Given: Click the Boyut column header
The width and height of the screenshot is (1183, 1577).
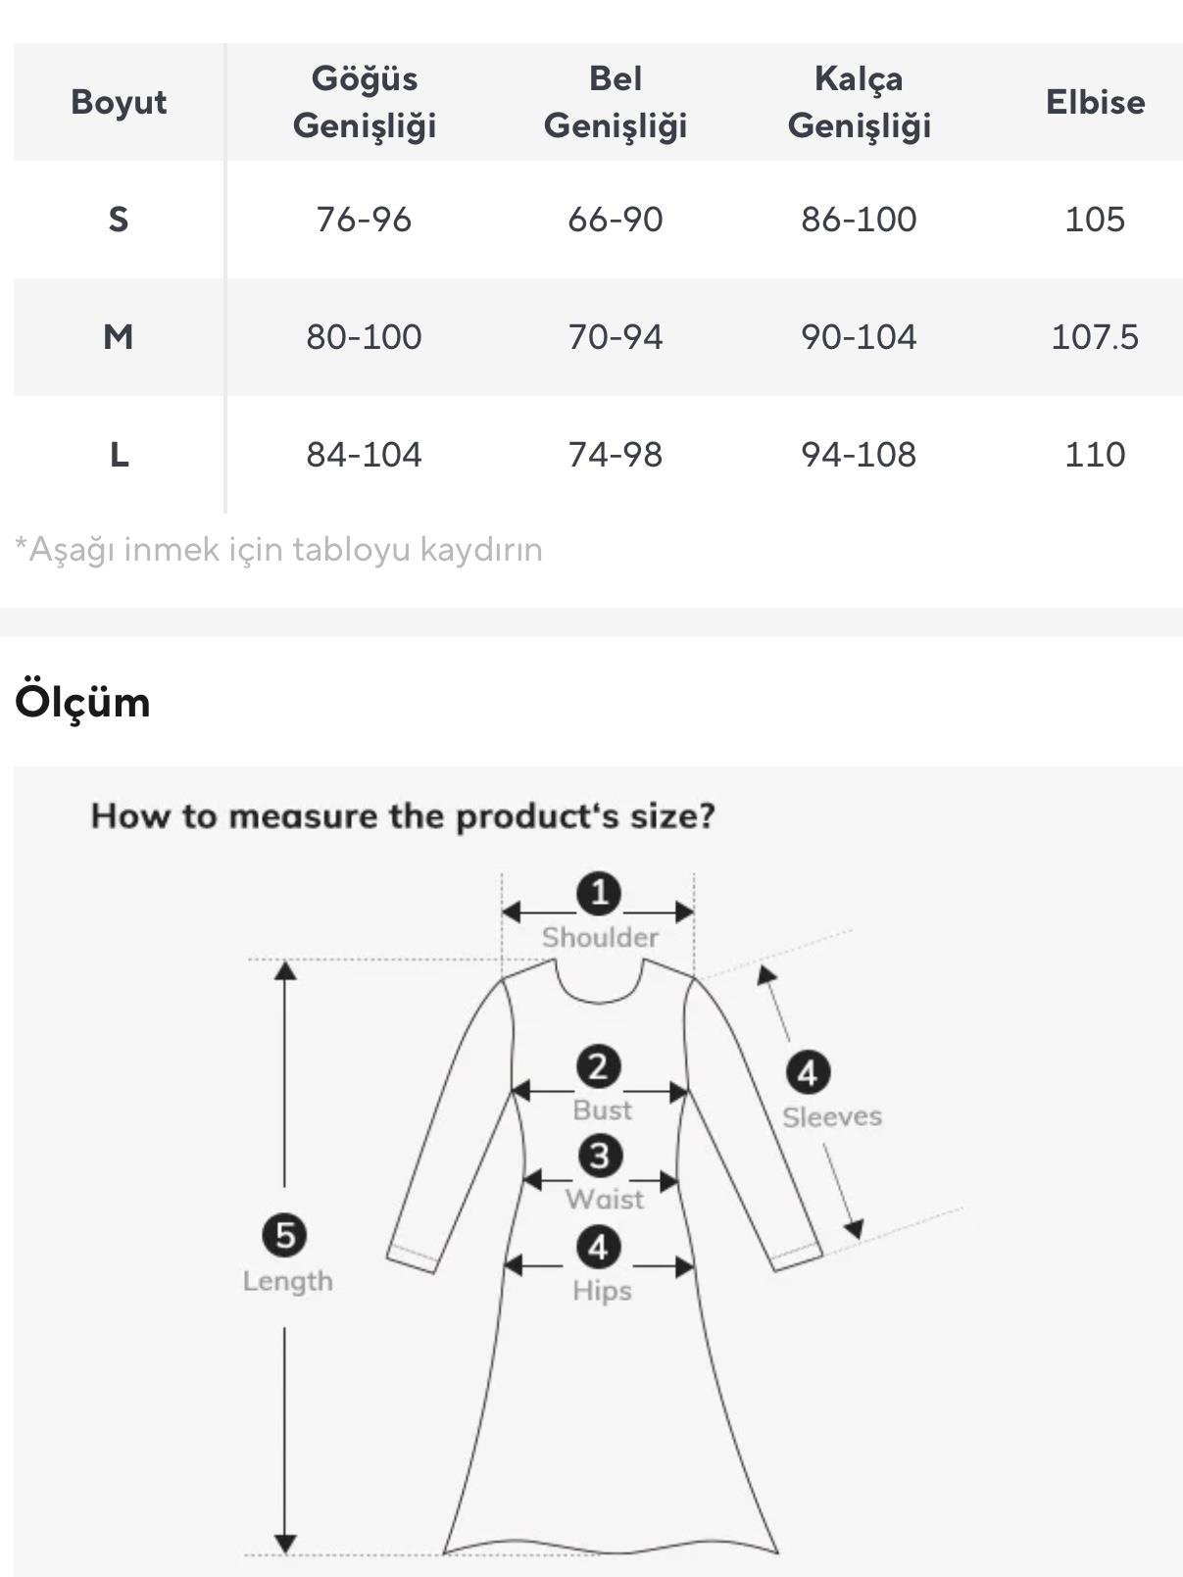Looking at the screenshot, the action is click(x=119, y=102).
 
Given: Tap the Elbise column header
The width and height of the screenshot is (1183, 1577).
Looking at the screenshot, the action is click(x=1095, y=102).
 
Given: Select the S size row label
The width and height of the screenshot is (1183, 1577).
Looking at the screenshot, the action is click(x=119, y=220).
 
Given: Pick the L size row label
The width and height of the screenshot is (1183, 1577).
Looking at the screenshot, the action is click(x=120, y=454).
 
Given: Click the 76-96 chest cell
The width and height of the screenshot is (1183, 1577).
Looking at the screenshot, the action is click(x=364, y=220).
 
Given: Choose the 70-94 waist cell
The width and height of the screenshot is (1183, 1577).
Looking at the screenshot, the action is click(x=615, y=336).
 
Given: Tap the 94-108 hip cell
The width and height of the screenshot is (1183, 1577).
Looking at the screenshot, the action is click(x=859, y=454).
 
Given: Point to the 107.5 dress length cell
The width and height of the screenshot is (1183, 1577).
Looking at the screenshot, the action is click(x=1095, y=336).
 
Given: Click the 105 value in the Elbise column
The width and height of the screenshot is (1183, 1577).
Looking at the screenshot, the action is click(x=1095, y=220).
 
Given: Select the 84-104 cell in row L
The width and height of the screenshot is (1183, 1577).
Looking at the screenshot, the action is click(x=364, y=454).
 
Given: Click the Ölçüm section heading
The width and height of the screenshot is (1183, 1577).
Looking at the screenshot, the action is click(x=82, y=701).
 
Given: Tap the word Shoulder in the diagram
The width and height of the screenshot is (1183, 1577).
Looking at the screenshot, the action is click(x=600, y=937).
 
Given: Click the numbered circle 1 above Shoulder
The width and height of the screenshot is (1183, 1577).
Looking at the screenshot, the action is click(x=598, y=893).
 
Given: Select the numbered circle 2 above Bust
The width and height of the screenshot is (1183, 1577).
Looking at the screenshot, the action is click(x=598, y=1066).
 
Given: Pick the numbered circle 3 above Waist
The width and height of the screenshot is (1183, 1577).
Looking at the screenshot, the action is click(x=600, y=1156).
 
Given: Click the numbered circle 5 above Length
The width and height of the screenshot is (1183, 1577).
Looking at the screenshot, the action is click(x=284, y=1235).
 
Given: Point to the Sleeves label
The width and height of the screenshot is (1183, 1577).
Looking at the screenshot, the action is click(x=832, y=1116).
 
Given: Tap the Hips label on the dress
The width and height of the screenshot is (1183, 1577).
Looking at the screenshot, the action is click(x=602, y=1291).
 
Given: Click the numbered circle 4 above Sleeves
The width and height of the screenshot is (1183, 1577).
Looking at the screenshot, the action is click(x=808, y=1072).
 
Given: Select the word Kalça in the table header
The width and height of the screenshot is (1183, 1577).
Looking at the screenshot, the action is click(x=859, y=79).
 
